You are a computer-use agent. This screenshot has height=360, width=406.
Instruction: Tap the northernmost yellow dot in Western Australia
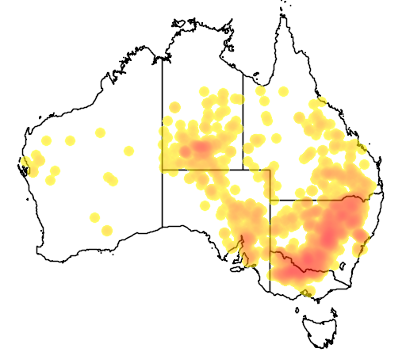[x=100, y=132]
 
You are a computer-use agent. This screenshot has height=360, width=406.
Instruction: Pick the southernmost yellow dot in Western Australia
[x=106, y=230]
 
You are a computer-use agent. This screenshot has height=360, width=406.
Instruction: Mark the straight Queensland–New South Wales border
[x=317, y=200]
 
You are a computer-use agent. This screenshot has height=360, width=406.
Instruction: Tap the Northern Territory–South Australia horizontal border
[x=214, y=169]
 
